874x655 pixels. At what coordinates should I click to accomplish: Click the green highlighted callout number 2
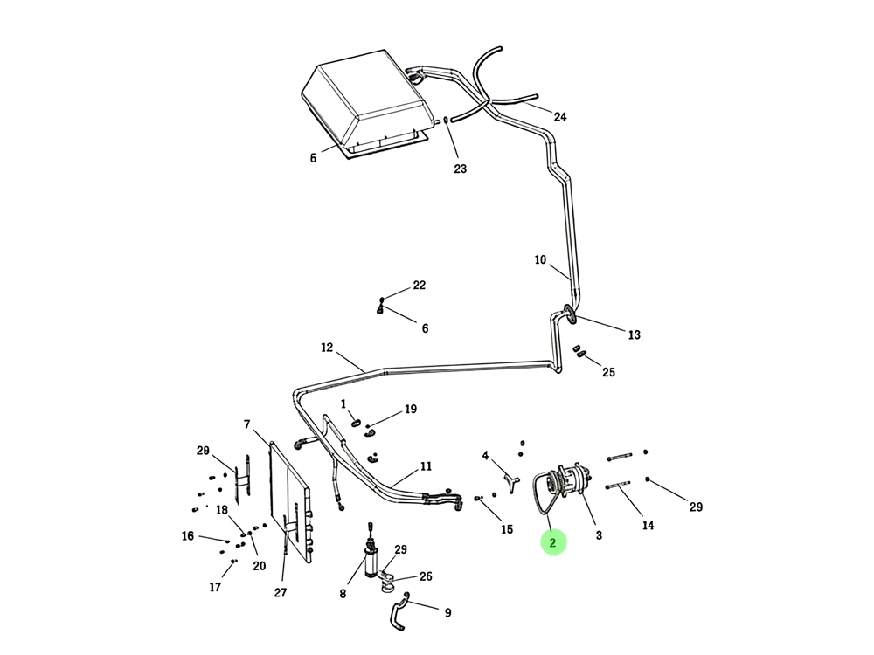pyautogui.click(x=553, y=542)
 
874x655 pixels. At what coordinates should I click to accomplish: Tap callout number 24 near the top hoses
pyautogui.click(x=559, y=117)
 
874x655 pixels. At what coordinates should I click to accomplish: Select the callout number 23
pyautogui.click(x=460, y=169)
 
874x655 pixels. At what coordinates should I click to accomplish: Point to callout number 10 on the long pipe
pyautogui.click(x=540, y=259)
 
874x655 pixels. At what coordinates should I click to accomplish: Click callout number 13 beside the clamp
pyautogui.click(x=634, y=334)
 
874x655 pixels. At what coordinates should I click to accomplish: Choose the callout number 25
pyautogui.click(x=608, y=372)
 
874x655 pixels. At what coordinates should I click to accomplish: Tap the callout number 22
pyautogui.click(x=419, y=286)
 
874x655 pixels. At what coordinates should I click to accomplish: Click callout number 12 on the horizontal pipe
pyautogui.click(x=327, y=347)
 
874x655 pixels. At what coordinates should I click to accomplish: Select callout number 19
pyautogui.click(x=410, y=409)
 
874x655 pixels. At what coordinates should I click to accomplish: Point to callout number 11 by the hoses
pyautogui.click(x=426, y=466)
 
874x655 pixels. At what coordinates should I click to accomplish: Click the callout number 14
pyautogui.click(x=648, y=525)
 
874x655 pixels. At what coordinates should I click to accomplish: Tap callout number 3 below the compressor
pyautogui.click(x=599, y=535)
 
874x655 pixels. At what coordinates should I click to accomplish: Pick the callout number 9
pyautogui.click(x=447, y=613)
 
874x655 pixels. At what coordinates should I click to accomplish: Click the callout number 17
pyautogui.click(x=215, y=587)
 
